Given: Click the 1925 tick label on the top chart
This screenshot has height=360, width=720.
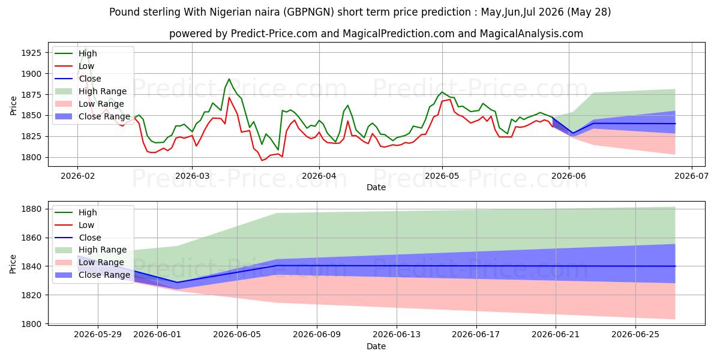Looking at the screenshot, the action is click(x=31, y=53).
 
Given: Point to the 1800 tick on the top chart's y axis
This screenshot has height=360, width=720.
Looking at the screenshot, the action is click(x=31, y=157).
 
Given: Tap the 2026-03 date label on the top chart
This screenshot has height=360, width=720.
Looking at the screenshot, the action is click(x=192, y=176).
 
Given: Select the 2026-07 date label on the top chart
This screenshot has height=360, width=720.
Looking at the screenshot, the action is click(x=691, y=176).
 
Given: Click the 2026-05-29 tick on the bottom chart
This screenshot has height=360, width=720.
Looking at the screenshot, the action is click(x=98, y=335).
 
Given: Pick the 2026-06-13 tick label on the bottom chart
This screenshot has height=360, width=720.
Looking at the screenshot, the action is click(x=397, y=335).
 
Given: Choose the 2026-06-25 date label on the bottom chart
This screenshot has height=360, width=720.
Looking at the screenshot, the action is click(x=635, y=335).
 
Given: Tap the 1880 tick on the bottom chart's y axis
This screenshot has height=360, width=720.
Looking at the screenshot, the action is click(x=31, y=209).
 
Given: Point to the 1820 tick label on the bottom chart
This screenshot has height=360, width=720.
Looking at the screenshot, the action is click(x=31, y=295).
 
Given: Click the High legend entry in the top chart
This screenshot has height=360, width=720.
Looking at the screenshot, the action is click(x=88, y=53).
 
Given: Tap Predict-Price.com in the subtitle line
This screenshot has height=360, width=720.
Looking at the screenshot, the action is click(x=274, y=34).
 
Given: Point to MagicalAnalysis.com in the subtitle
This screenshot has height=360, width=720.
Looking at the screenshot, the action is click(x=532, y=34).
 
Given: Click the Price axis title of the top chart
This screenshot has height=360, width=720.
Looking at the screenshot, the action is click(x=13, y=106).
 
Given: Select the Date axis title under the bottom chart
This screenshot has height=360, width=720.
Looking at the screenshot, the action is click(x=376, y=346).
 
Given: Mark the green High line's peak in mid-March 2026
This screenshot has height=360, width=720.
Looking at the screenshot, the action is click(x=229, y=79).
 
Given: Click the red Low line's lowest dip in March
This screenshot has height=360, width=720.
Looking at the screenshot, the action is click(x=262, y=160).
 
